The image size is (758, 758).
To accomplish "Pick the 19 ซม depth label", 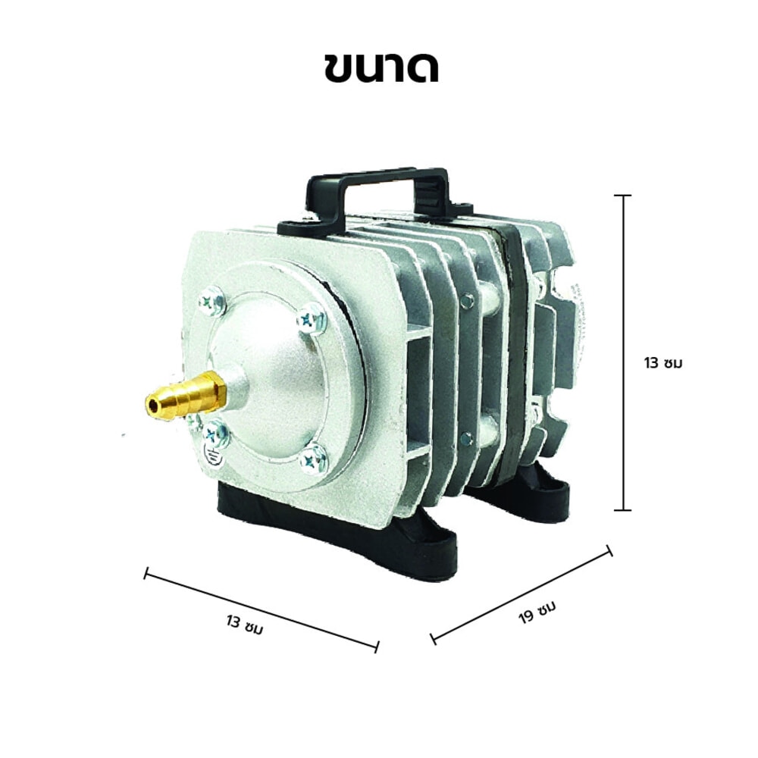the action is pyautogui.click(x=537, y=611).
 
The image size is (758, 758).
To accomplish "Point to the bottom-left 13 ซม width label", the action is pyautogui.click(x=245, y=625).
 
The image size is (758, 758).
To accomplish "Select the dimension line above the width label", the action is pyautogui.click(x=261, y=610).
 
